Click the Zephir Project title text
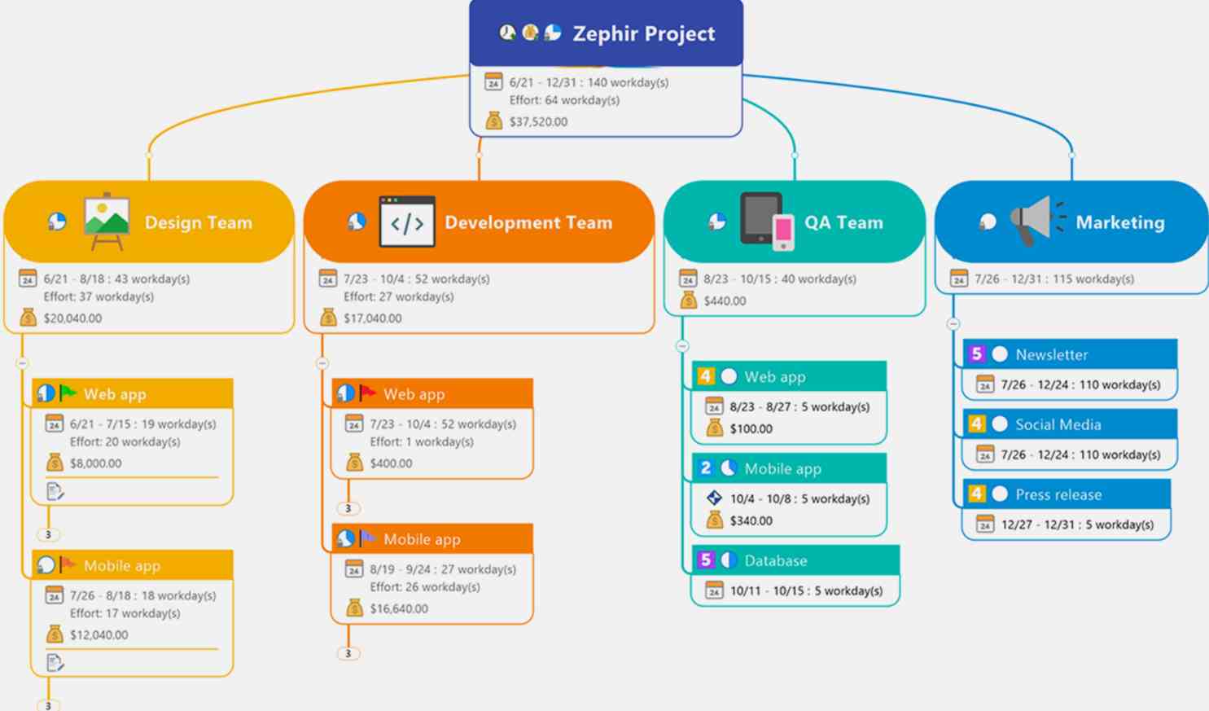tap(644, 33)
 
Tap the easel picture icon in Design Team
tap(107, 222)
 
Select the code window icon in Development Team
tap(407, 222)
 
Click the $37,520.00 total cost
tap(539, 122)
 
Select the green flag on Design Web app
tap(68, 393)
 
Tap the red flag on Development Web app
tap(367, 393)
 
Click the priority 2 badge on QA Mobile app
tap(705, 467)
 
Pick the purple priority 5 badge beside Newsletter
tap(976, 354)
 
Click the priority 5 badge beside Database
tap(705, 560)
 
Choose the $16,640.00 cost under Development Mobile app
tap(399, 609)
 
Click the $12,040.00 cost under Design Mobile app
tap(99, 635)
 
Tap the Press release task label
tap(1058, 494)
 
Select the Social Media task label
tap(1058, 425)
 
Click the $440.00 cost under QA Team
tap(725, 301)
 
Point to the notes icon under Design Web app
tap(55, 491)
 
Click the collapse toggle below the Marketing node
tap(953, 324)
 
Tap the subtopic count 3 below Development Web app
tap(348, 508)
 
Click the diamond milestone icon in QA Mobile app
tap(714, 498)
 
